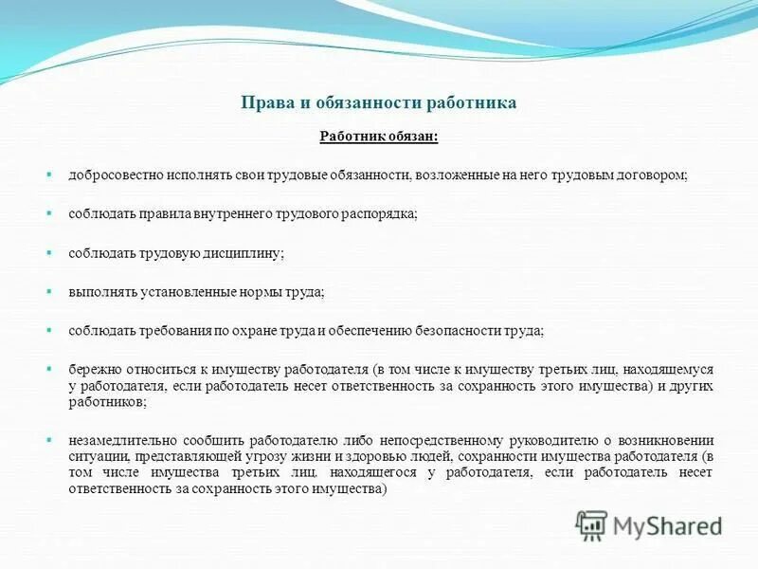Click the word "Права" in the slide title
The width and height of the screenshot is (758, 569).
(262, 103)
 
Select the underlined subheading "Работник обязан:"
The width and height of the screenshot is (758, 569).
(378, 138)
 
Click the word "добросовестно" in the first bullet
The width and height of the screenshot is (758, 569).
(116, 176)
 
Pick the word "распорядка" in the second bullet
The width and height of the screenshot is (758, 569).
(380, 215)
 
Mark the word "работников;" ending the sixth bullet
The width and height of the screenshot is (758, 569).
(106, 401)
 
